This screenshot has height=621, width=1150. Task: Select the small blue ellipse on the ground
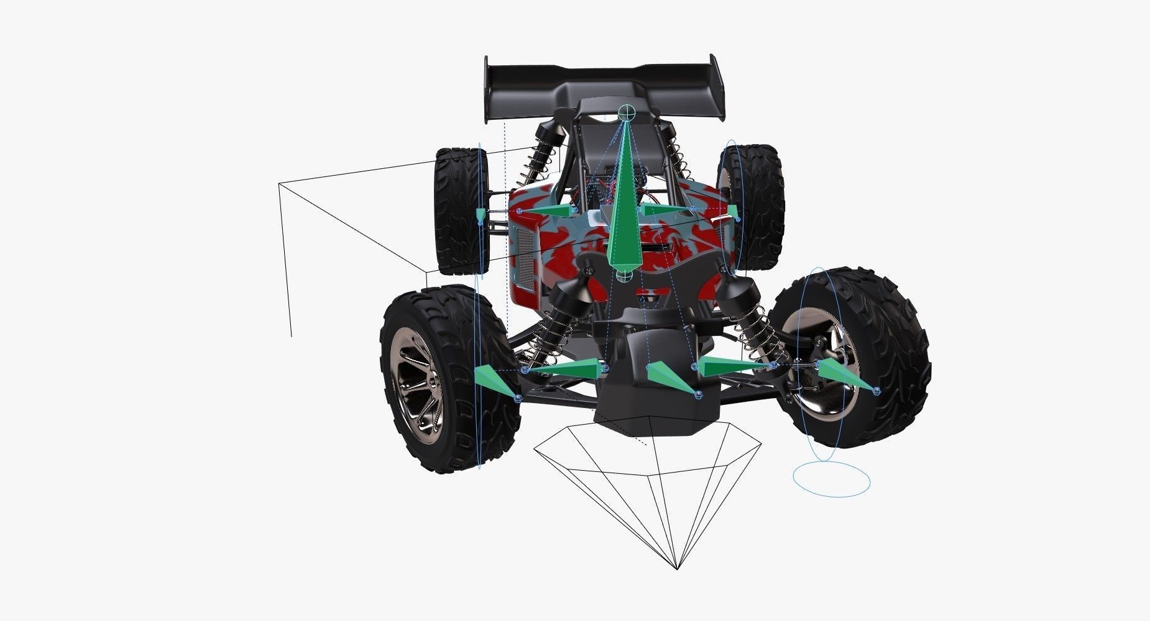(x=831, y=479)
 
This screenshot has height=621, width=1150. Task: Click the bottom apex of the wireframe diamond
(x=677, y=568)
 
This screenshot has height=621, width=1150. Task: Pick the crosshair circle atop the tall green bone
(x=627, y=112)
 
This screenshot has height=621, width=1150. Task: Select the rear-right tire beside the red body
(x=755, y=205)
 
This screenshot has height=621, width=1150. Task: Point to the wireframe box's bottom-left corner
(x=291, y=337)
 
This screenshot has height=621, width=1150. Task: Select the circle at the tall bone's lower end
(x=626, y=276)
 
